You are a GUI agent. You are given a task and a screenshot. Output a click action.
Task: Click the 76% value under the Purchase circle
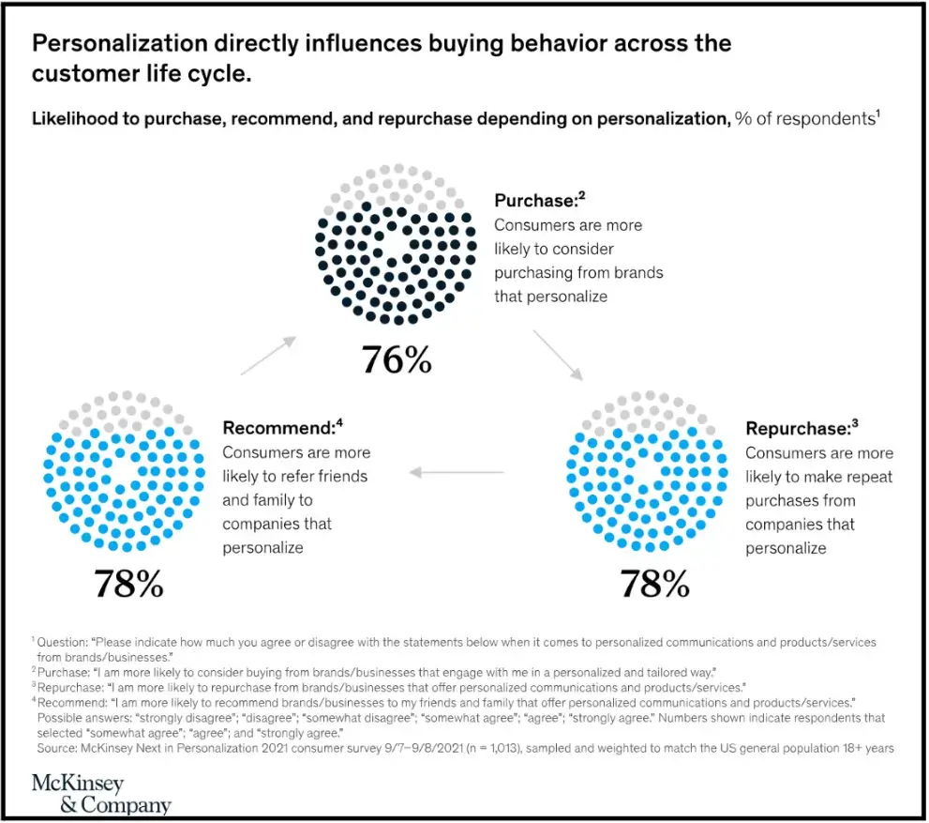[397, 358]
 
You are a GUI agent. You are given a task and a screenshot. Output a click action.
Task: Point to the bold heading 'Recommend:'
[278, 428]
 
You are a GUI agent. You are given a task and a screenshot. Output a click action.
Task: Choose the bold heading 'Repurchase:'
[797, 428]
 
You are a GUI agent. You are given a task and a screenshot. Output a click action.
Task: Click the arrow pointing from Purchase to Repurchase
[558, 354]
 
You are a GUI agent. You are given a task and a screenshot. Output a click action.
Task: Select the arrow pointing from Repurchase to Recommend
[457, 472]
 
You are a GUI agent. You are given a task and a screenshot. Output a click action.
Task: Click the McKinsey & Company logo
[100, 794]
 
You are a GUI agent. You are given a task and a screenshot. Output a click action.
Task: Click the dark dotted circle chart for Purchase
[397, 244]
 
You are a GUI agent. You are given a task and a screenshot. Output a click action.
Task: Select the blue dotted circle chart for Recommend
[125, 471]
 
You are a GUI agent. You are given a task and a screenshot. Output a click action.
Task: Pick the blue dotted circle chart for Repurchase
[648, 471]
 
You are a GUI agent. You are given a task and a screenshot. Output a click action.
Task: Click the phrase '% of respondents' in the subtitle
[803, 119]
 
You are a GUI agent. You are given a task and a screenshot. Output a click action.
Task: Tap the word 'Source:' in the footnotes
[59, 748]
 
